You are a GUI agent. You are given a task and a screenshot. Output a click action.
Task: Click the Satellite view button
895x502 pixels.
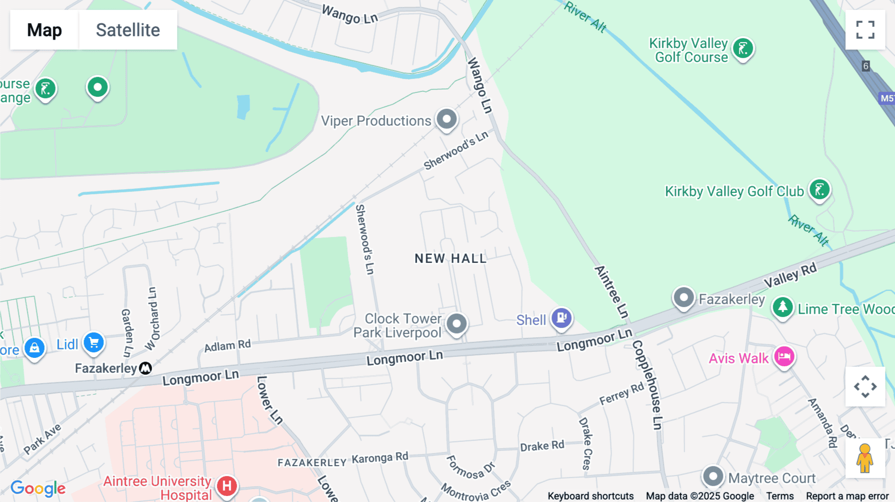pos(128,30)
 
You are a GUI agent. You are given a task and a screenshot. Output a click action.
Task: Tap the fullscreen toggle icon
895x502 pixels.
pos(865,30)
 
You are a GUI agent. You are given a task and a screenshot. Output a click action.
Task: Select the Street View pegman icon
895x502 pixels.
pos(865,458)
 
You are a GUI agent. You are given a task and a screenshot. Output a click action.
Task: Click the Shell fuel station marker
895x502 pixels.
pos(562,318)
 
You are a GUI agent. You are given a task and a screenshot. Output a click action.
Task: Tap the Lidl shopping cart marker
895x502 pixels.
pos(93,342)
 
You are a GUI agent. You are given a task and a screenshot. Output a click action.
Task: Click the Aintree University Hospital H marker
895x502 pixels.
pos(227,486)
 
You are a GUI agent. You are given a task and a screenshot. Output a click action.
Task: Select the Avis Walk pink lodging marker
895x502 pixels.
pos(784,356)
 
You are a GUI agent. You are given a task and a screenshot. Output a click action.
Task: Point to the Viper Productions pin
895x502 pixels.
pos(447,119)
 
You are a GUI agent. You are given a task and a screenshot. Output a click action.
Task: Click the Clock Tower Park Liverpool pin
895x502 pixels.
pos(456,324)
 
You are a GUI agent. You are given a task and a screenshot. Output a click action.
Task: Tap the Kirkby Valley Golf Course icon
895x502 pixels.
pos(743,49)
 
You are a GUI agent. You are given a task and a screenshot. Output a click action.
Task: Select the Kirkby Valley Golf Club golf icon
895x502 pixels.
pos(819,190)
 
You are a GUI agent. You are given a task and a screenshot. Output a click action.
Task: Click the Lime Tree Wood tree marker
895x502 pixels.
pos(783,307)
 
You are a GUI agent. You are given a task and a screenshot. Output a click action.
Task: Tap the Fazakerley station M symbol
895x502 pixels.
pos(145,368)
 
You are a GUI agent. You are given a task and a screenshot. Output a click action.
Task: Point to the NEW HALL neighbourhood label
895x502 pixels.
pos(450,258)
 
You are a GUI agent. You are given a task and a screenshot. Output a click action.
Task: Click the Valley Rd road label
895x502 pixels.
pos(790,275)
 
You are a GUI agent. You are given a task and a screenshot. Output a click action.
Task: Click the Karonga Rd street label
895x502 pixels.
pos(380,458)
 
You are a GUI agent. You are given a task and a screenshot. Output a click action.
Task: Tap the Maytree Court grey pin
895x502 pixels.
pos(713,476)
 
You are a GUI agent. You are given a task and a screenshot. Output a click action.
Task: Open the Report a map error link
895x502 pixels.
pos(847,496)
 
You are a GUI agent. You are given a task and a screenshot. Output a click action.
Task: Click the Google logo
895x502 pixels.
pos(38,488)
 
